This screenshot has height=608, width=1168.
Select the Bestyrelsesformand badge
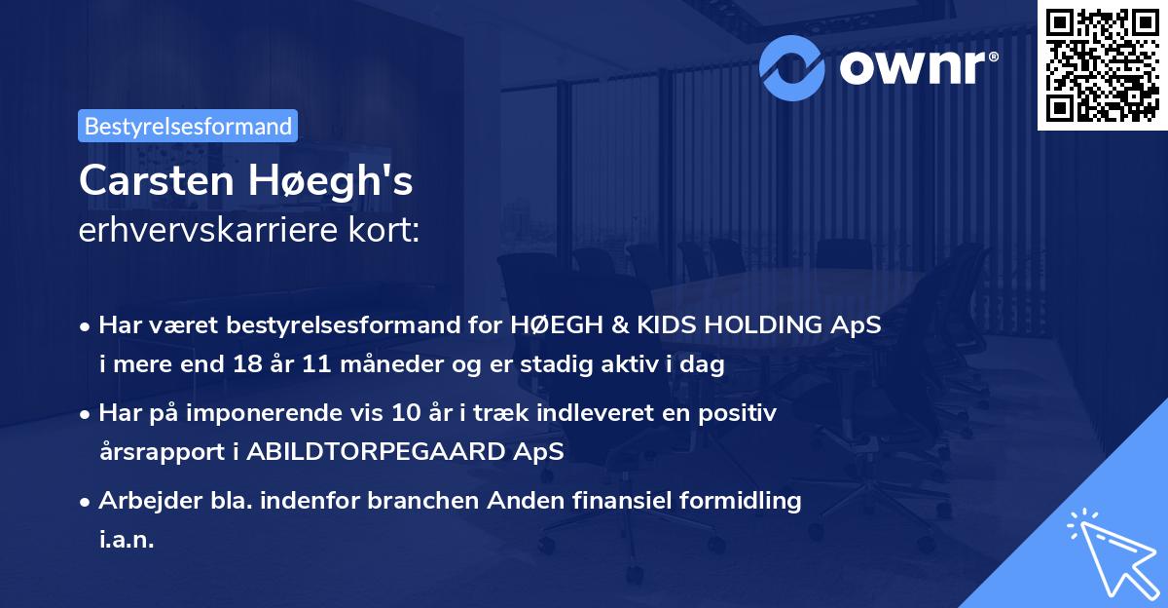tap(188, 126)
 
